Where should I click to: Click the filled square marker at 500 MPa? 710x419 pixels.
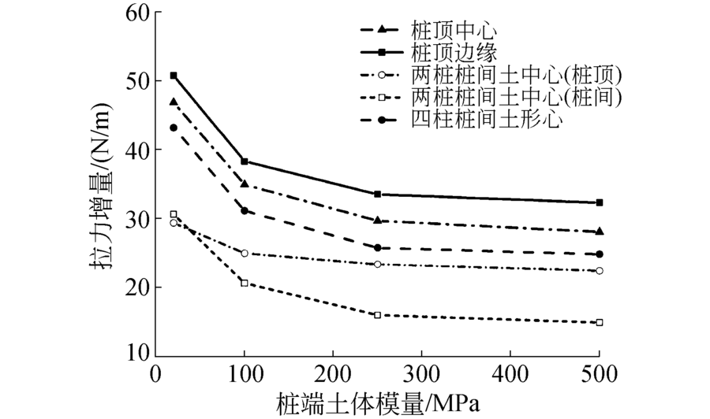coord(600,202)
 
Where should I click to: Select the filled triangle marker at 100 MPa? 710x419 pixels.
coord(245,184)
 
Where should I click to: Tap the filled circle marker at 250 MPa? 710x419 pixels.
coord(377,248)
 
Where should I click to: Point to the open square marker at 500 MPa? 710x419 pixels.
coord(600,322)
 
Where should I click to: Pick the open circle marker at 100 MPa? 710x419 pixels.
coord(245,254)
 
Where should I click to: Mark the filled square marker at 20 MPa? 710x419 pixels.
coord(174,76)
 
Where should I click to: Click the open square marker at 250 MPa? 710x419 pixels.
coord(377,315)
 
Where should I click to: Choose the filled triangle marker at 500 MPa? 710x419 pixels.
coord(600,232)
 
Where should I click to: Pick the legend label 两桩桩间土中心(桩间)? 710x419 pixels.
coord(518,98)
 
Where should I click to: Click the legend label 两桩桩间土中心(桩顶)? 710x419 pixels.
coord(518,76)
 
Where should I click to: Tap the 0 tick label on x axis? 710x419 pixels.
coord(155,372)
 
